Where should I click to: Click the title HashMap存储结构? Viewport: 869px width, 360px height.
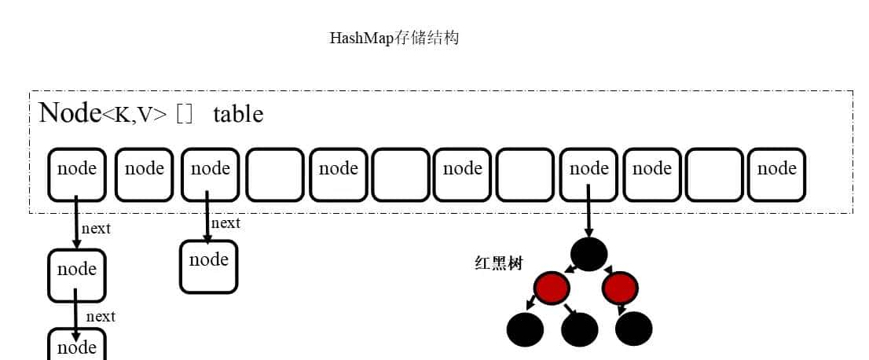coord(394,38)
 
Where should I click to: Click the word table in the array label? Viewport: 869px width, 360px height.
coord(237,114)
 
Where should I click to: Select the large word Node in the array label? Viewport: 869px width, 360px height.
coord(69,112)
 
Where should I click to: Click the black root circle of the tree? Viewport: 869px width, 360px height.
coord(589,254)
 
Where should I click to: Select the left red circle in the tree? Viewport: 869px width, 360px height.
coord(551,288)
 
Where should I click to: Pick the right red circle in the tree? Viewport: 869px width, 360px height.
coord(620,288)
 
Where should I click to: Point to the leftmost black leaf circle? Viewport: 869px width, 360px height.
coord(526,329)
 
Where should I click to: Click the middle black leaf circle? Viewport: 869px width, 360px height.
coord(580,329)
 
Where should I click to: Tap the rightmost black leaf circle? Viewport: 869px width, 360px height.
coord(633,329)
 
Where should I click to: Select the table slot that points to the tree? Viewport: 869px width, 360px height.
coord(589,174)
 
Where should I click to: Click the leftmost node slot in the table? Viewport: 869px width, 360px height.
coord(77,174)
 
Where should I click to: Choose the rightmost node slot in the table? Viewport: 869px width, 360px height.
coord(776,174)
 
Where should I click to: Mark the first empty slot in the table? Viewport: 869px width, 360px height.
coord(275,174)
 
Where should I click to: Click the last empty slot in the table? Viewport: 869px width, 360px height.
coord(713,174)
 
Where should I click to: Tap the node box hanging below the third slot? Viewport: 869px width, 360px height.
coord(209,266)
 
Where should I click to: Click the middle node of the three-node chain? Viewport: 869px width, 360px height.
coord(77,275)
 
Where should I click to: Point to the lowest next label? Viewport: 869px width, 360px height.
coord(101,316)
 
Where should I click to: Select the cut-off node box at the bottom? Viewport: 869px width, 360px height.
coord(77,346)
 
